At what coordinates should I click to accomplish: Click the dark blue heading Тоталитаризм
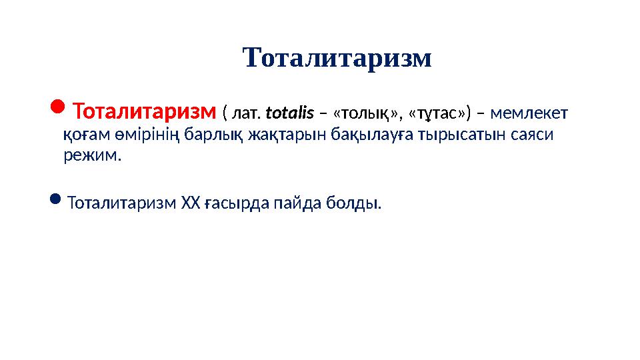pos(337,58)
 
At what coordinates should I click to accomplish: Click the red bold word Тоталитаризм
pos(145,109)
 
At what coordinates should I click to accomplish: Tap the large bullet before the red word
pos(58,107)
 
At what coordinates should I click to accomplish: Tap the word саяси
pos(534,135)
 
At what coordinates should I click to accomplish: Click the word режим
pos(92,157)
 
